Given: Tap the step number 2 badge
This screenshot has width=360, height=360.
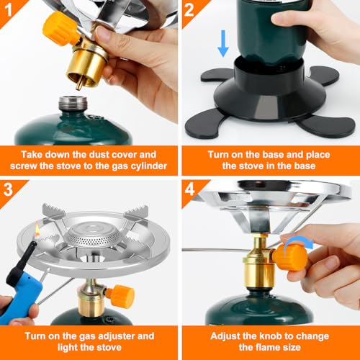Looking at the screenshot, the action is (x=189, y=10).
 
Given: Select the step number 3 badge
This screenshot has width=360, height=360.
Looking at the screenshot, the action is (x=8, y=189).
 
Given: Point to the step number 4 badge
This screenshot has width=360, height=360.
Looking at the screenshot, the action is (x=189, y=189).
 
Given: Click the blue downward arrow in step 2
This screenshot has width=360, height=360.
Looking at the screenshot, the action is (x=223, y=44).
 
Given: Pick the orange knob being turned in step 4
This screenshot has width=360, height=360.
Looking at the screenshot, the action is (x=290, y=258).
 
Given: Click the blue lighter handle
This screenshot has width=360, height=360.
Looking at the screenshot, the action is (x=22, y=297).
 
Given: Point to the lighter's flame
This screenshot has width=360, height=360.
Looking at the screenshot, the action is (x=37, y=231).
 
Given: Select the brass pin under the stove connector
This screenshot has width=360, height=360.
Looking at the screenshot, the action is (x=79, y=84).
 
